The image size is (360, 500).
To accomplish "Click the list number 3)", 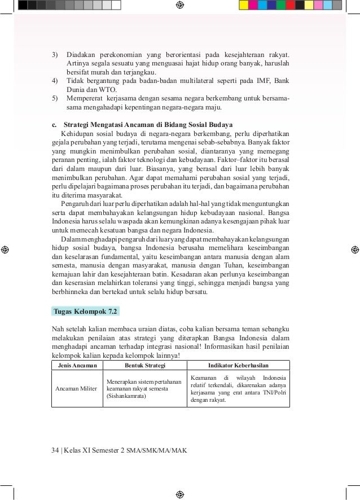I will pos(55,55).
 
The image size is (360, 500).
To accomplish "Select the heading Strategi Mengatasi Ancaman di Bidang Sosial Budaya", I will pos(148,124).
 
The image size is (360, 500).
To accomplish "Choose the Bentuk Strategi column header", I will pos(144,366).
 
